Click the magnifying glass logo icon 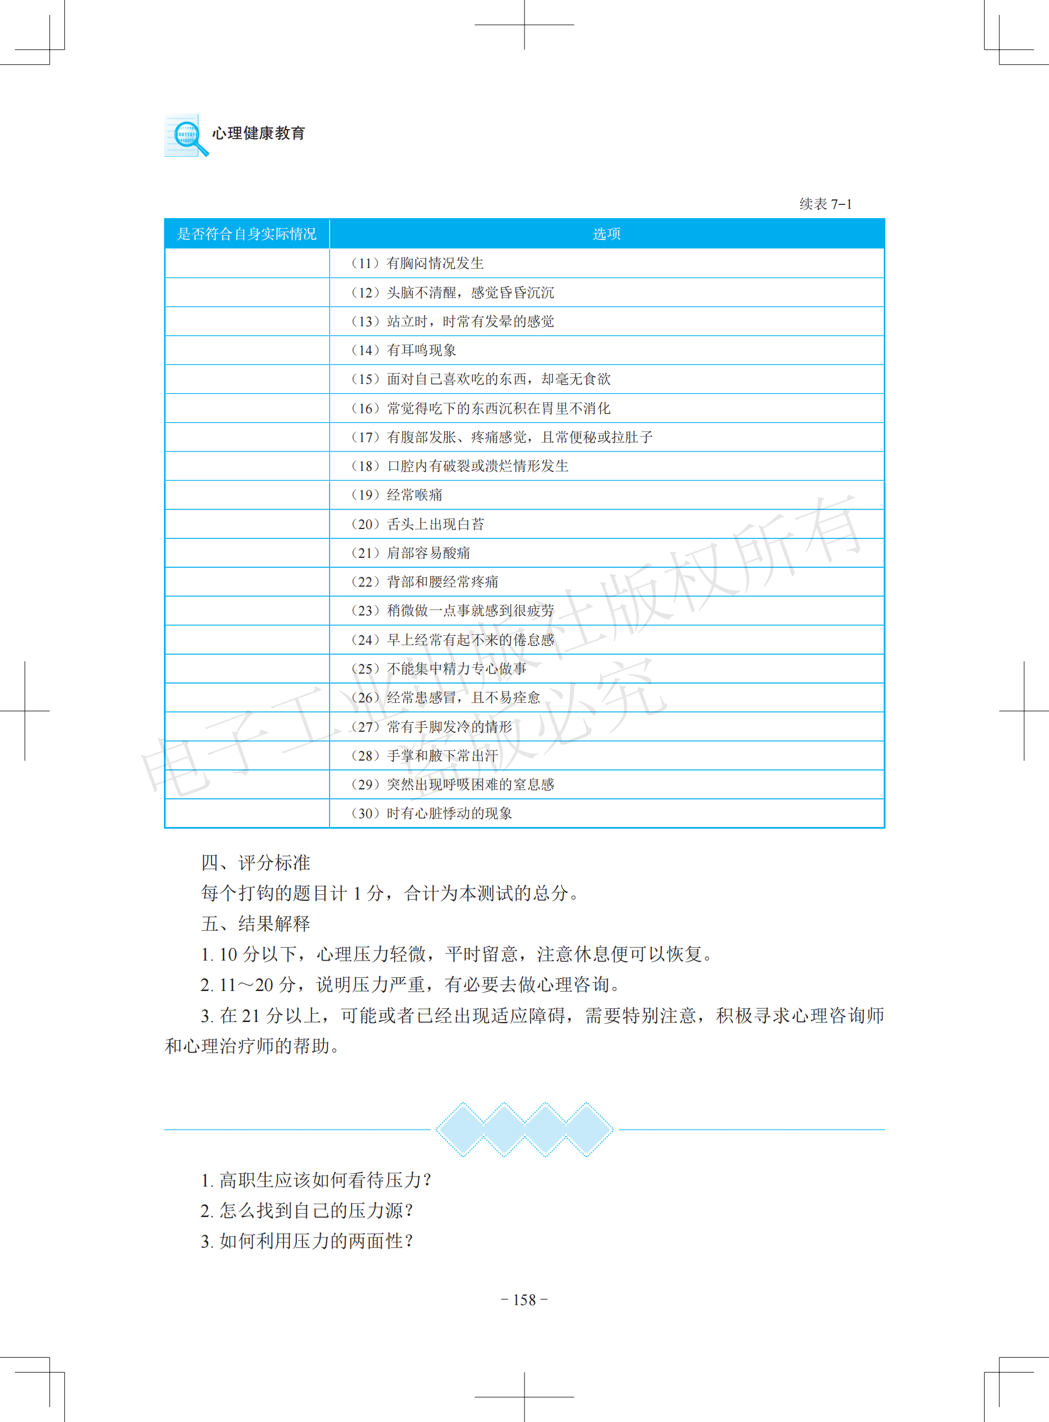[186, 135]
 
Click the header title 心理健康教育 [259, 134]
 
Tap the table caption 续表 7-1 [825, 204]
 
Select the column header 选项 [606, 234]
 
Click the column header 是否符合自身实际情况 [246, 234]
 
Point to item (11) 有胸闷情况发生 [416, 263]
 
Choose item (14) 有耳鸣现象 [403, 350]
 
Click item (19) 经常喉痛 [395, 495]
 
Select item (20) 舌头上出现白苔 [416, 524]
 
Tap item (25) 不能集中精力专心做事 [438, 669]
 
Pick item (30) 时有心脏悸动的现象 [430, 814]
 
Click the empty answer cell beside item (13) [247, 321]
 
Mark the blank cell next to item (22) [247, 582]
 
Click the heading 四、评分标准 [255, 863]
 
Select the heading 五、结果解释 [255, 923]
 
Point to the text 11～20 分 [257, 984]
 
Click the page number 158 [524, 1300]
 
